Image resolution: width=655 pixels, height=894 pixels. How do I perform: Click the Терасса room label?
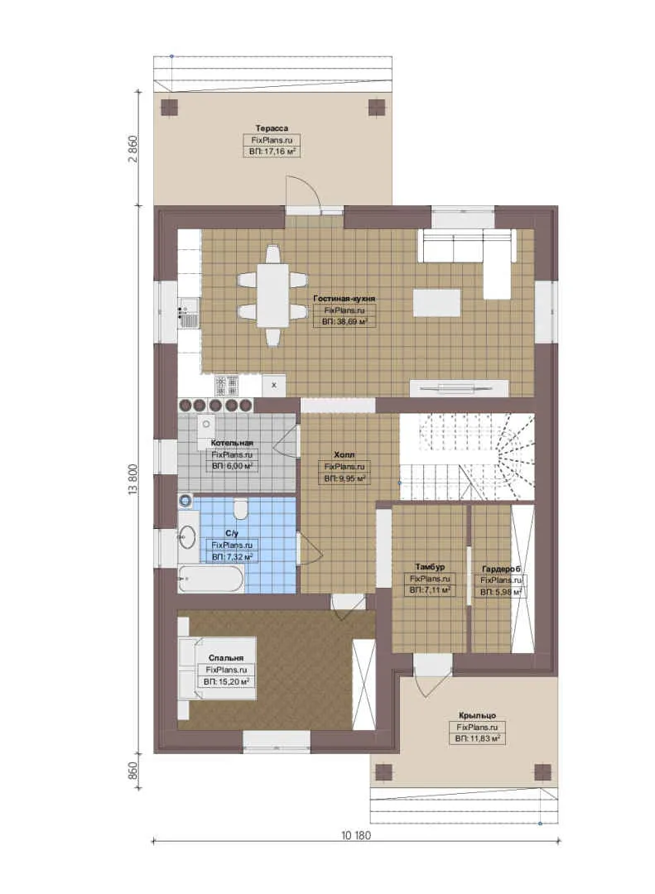[272, 128]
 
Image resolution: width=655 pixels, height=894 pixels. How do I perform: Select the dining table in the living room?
[272, 295]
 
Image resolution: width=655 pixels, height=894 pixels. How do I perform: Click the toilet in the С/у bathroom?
[241, 509]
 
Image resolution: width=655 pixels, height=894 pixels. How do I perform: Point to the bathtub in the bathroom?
[210, 579]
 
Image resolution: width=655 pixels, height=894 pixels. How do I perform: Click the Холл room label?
[344, 455]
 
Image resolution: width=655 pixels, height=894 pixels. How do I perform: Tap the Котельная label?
[232, 443]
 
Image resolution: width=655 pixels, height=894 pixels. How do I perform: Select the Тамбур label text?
[430, 567]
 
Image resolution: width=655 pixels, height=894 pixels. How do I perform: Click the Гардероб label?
[501, 569]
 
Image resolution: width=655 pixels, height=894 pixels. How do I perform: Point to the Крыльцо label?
[477, 715]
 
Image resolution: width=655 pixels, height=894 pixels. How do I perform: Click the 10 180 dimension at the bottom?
[356, 836]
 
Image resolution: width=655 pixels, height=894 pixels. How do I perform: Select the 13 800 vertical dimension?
[133, 479]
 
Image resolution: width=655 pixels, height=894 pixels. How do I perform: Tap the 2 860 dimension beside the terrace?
[133, 149]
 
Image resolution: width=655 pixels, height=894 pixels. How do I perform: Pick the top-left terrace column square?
[170, 107]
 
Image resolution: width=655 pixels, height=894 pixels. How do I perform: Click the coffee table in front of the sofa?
[437, 303]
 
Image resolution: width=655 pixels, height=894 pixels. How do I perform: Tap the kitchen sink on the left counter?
[189, 313]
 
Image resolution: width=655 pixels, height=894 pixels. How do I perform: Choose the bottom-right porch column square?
[542, 772]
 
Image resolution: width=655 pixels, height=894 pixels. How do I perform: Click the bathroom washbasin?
[187, 536]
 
